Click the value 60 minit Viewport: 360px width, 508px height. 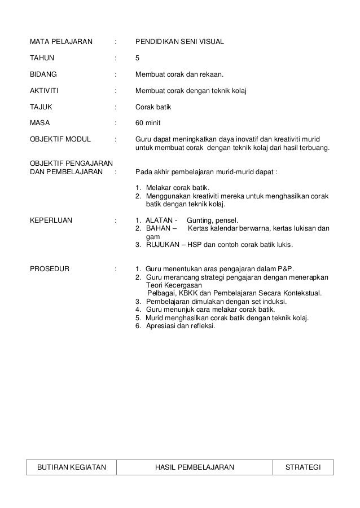148,121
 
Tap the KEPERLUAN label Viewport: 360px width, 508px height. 51,220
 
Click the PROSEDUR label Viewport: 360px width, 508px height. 49,268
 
